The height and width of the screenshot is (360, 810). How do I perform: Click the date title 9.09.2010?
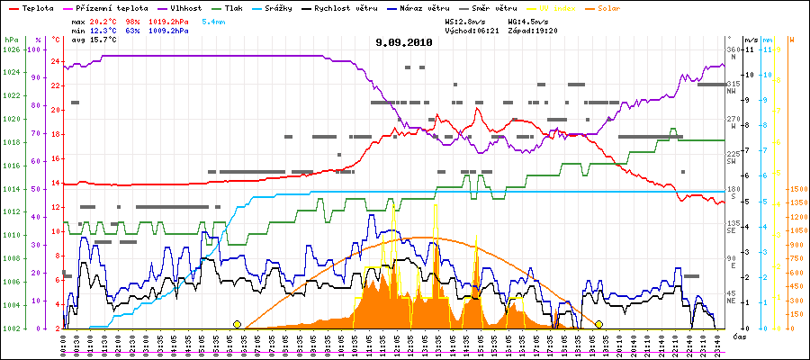[x=405, y=42]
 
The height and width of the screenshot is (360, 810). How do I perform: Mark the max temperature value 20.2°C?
[x=103, y=19]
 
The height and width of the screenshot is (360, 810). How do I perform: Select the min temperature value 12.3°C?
[x=103, y=31]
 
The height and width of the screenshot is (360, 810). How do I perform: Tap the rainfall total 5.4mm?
[x=213, y=19]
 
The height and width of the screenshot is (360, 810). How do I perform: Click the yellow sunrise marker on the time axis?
[x=238, y=324]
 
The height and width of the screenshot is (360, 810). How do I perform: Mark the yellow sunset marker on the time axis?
[x=599, y=324]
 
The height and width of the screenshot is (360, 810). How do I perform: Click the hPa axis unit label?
[x=11, y=40]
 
